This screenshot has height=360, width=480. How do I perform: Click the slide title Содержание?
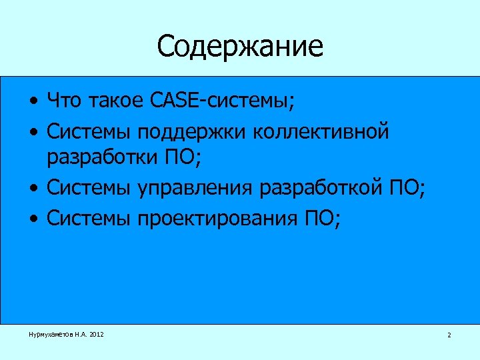pyautogui.click(x=240, y=47)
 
